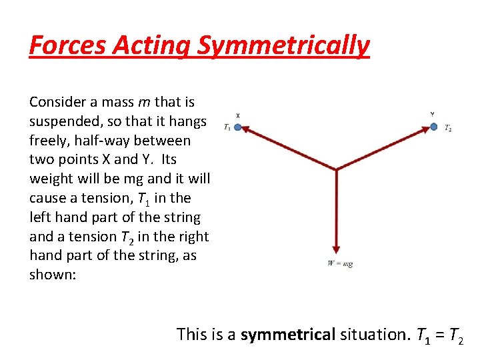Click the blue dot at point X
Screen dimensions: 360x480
pos(237,127)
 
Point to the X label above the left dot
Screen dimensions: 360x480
pos(238,115)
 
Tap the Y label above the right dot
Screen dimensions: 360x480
pos(433,115)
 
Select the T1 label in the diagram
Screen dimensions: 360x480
pos(227,127)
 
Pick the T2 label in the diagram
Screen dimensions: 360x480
pos(448,128)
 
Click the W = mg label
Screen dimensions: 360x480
pos(339,264)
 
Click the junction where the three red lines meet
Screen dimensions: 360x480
pos(337,168)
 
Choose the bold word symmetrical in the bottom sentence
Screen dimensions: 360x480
pos(287,334)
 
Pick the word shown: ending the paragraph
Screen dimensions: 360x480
pos(53,275)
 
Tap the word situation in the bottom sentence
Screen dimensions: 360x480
pos(373,334)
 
